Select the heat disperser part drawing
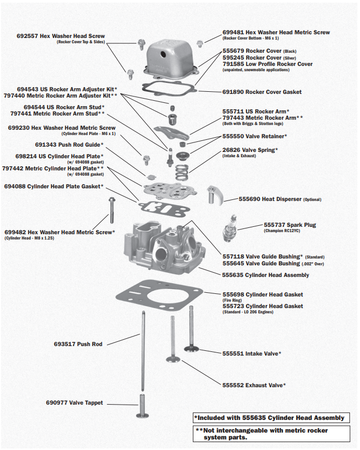pyautogui.click(x=216, y=194)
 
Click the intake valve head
pyautogui.click(x=192, y=348)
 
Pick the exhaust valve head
pyautogui.click(x=173, y=360)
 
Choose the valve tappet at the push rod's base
pyautogui.click(x=143, y=406)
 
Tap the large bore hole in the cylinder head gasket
pyautogui.click(x=158, y=299)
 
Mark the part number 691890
pyautogui.click(x=232, y=92)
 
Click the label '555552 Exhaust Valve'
pyautogui.click(x=254, y=385)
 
